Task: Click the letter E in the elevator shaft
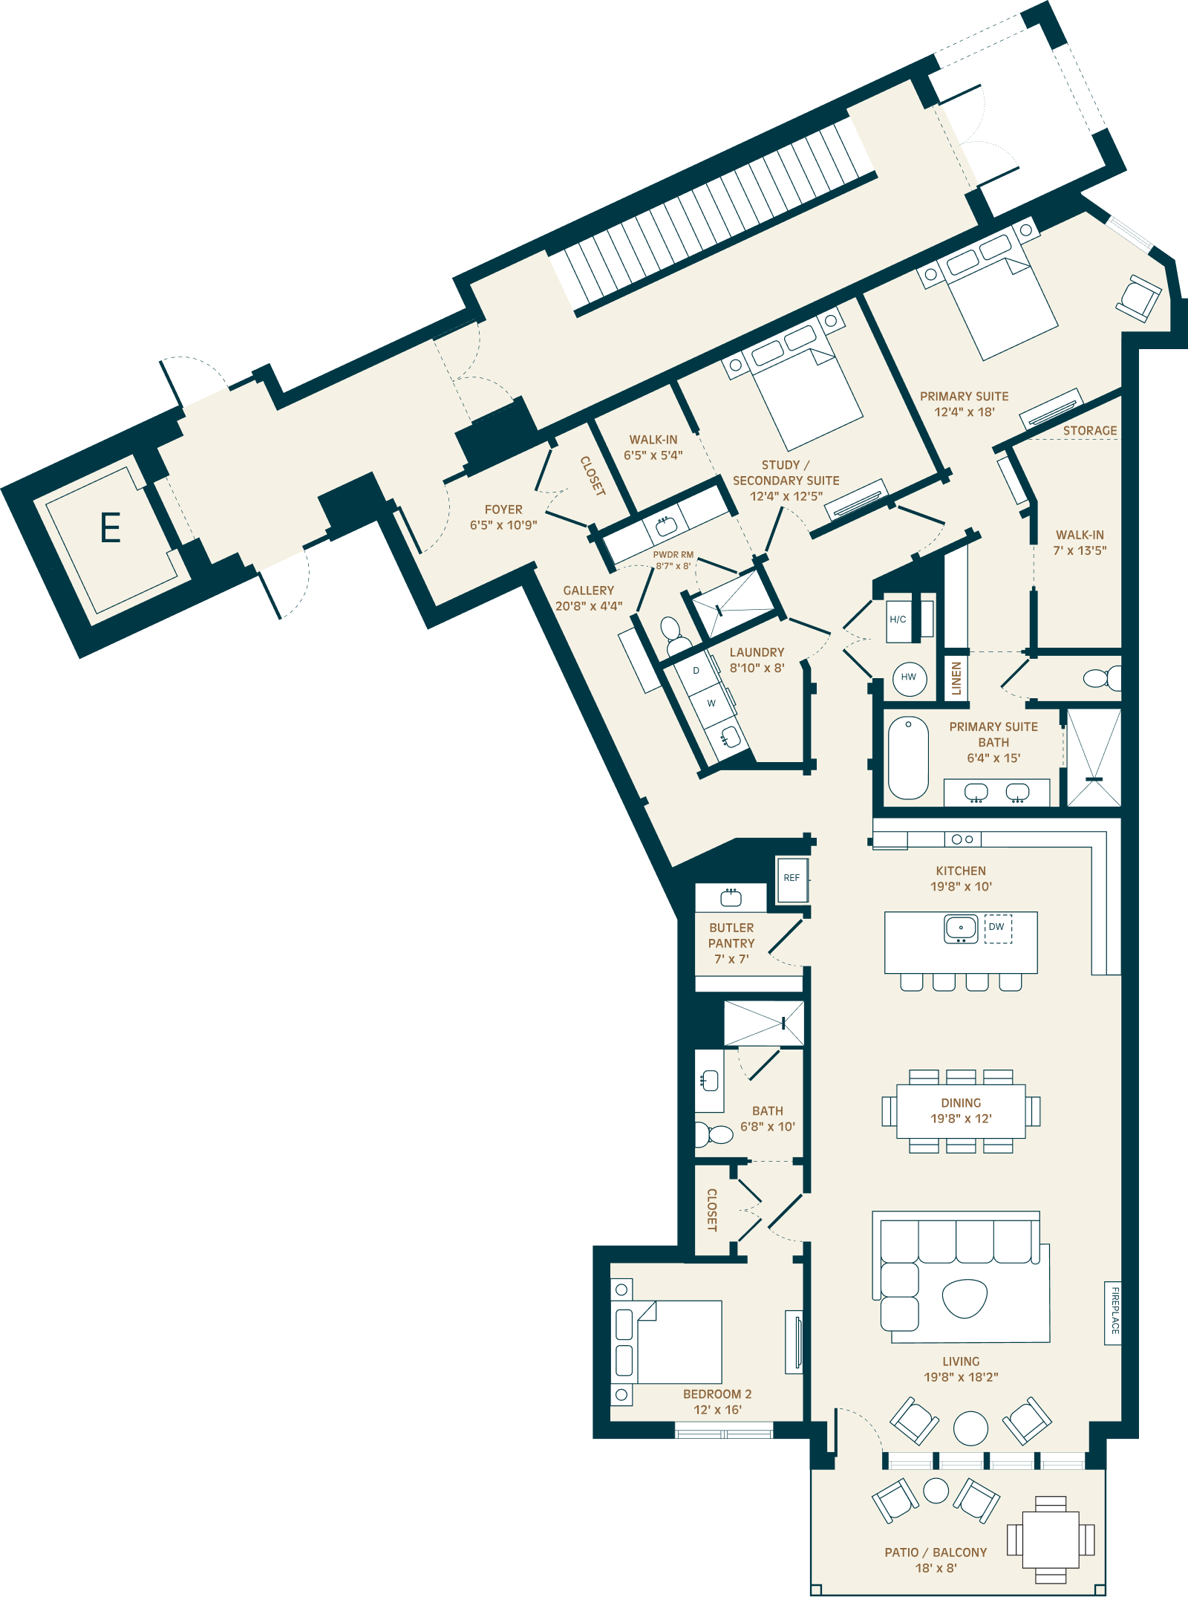(111, 528)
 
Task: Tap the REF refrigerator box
(792, 879)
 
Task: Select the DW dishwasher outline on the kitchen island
(998, 928)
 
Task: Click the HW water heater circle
(910, 677)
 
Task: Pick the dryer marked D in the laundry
(696, 671)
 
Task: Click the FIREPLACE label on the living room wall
(1114, 1312)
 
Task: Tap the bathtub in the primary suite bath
(908, 758)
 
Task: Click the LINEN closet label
(956, 678)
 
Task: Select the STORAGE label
(1090, 431)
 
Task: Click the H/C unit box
(898, 619)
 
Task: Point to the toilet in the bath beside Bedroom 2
(714, 1135)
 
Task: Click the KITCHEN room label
(961, 871)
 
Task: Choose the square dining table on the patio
(1051, 1538)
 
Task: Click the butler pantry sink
(731, 898)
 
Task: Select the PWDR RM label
(673, 555)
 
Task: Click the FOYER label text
(503, 510)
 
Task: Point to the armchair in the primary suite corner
(1138, 299)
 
